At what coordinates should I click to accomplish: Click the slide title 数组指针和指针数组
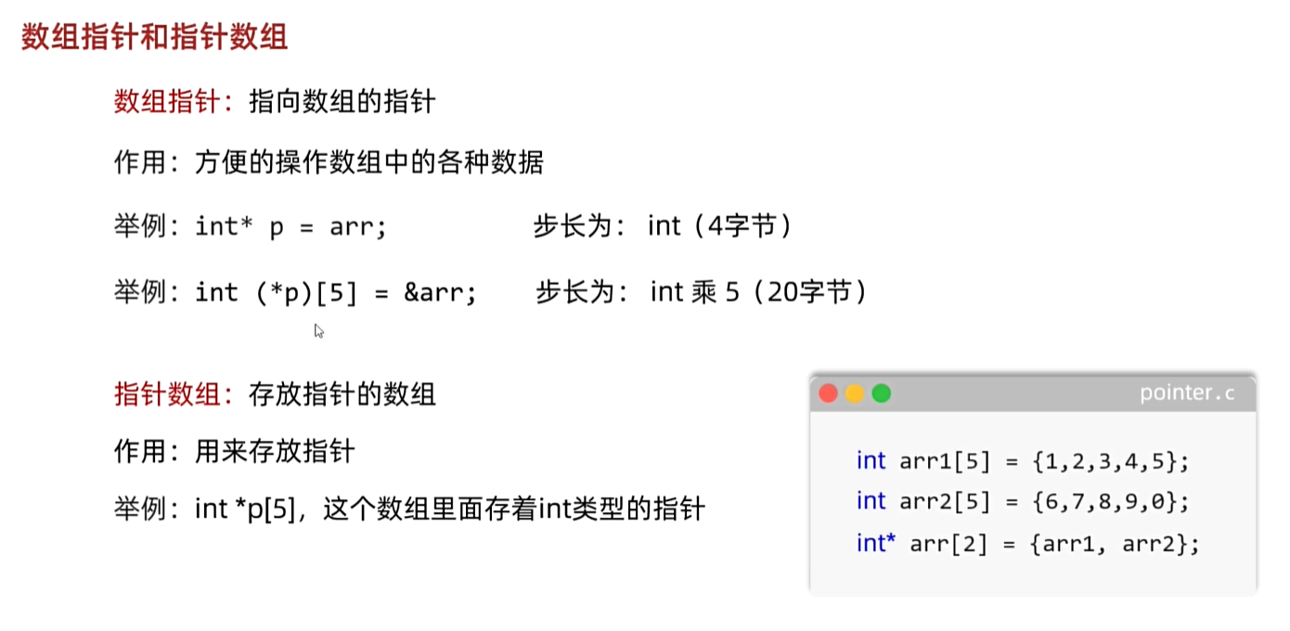point(154,37)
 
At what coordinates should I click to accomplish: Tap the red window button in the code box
point(828,393)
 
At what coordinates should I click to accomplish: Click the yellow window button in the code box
point(855,393)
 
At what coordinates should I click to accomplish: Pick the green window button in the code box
point(882,393)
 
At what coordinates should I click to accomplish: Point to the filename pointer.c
point(1187,393)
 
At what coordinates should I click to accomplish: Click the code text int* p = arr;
point(290,226)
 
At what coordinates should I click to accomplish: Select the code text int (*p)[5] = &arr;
point(336,293)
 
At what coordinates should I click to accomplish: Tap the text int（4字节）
point(720,226)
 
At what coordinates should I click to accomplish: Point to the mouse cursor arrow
point(318,329)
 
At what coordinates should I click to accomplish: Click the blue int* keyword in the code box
point(875,544)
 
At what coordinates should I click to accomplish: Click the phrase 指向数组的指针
point(342,101)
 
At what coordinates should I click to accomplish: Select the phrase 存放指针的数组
point(342,394)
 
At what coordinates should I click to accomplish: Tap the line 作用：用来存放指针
point(235,452)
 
